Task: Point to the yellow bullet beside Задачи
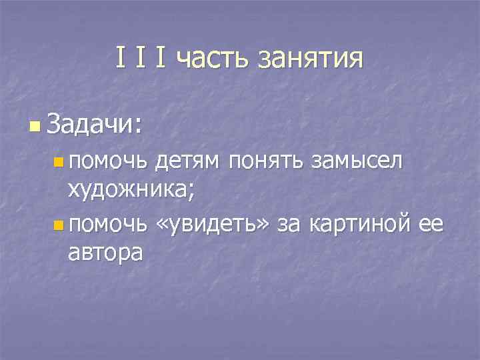(35, 125)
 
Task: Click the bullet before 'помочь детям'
(59, 161)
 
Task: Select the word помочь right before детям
(107, 161)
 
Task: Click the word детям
(188, 161)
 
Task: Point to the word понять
(263, 161)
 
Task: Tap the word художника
(126, 192)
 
